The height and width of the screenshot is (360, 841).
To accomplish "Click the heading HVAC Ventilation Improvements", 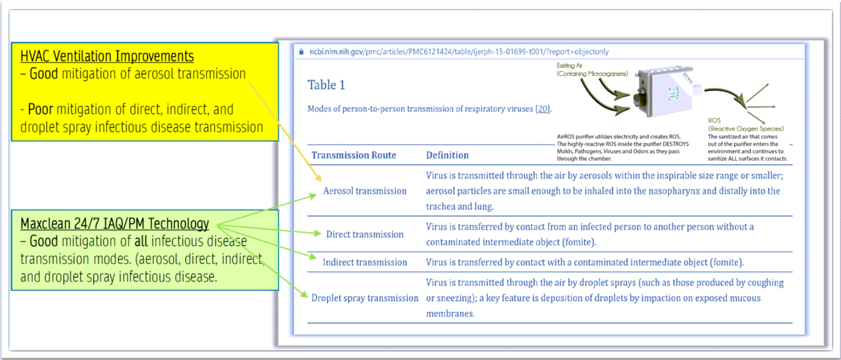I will click(107, 56).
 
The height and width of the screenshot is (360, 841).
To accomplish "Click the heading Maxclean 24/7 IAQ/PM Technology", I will click(115, 224).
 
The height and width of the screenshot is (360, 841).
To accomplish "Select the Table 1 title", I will click(326, 85).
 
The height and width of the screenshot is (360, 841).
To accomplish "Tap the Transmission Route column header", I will click(353, 155).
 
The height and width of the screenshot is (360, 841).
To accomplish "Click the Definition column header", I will click(447, 155).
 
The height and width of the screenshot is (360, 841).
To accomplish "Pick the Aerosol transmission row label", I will click(365, 191).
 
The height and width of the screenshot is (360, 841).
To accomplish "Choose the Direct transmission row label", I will click(365, 234).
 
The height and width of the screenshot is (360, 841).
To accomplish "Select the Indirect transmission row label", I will click(365, 262).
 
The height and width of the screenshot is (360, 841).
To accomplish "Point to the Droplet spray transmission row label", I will click(365, 297).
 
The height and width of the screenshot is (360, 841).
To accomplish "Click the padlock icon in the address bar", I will click(302, 52).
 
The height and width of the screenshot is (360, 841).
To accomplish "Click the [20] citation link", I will click(544, 109).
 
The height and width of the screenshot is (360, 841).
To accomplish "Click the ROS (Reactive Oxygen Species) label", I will click(745, 124).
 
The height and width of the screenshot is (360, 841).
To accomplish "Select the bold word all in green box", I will click(158, 242).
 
